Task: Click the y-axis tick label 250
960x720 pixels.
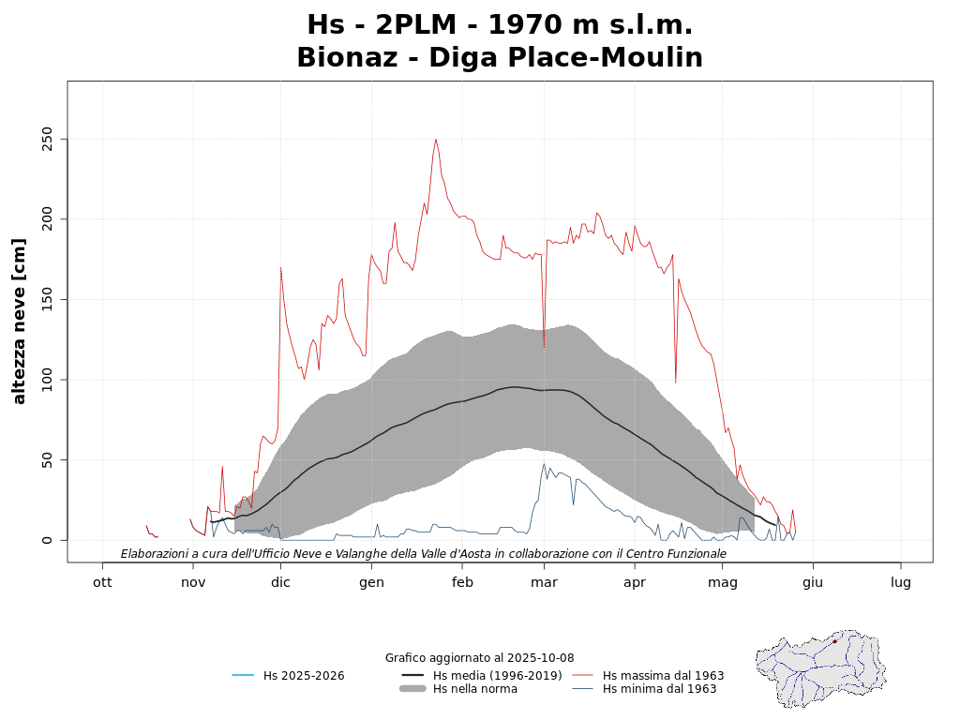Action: [x=42, y=140]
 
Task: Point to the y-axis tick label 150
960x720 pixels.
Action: [x=42, y=300]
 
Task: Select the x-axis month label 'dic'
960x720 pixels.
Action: [x=280, y=582]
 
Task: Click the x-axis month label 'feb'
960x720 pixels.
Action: [x=462, y=582]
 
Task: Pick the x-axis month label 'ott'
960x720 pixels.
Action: [x=102, y=582]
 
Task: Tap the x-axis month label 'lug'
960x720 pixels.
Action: [x=901, y=582]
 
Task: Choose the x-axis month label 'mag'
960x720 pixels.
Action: [x=723, y=582]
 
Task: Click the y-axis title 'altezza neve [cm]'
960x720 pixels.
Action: [x=20, y=321]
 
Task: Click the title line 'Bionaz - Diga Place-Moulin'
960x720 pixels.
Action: [x=500, y=58]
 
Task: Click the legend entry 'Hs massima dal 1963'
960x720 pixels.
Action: [x=663, y=675]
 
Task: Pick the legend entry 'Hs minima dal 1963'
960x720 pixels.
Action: [x=659, y=689]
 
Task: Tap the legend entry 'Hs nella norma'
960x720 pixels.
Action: [x=474, y=689]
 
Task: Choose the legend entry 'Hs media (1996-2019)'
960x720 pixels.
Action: [x=497, y=675]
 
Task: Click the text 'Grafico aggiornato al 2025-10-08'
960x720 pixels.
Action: [x=479, y=658]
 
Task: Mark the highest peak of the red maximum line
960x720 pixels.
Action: [x=436, y=140]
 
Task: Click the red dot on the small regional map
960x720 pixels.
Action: [x=834, y=641]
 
